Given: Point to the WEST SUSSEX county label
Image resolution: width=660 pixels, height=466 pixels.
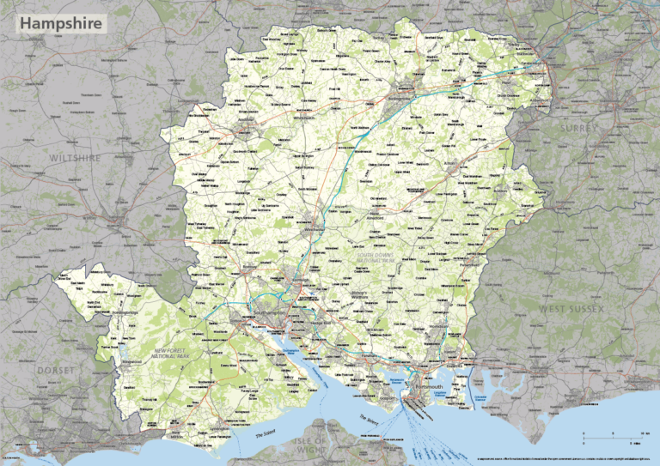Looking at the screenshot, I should click(x=572, y=307).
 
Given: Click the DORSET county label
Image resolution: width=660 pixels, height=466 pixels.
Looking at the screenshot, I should click(x=57, y=370).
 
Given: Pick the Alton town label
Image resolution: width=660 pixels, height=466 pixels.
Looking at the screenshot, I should click(x=448, y=162).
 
